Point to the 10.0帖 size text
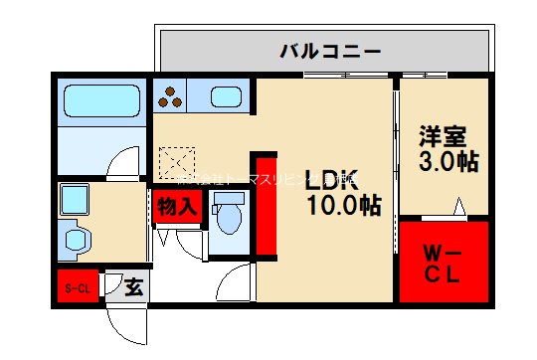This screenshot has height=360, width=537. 342,206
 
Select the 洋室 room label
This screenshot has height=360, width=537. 442,136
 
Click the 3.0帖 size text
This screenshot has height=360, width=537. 447,162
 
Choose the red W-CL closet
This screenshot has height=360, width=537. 444,263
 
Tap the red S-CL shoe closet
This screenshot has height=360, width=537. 78,288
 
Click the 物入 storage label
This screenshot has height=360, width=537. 179,207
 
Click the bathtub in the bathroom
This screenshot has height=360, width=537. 101,101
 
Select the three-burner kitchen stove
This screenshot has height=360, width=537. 172,96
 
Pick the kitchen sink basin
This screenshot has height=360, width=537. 227,97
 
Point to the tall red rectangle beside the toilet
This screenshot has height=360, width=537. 266,203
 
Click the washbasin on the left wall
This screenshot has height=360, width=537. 77,239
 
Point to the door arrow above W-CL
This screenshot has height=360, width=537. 458,207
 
